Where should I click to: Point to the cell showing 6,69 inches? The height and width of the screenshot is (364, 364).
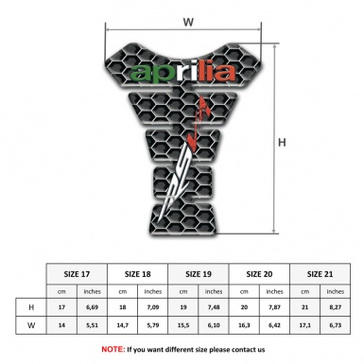[x=93, y=306]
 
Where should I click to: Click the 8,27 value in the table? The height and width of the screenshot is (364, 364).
[x=338, y=306]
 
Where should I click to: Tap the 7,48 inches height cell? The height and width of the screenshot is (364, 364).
[x=216, y=306]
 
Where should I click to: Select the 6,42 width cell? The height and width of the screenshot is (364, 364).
[x=277, y=326]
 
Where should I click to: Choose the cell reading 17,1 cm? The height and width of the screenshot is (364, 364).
[x=306, y=326]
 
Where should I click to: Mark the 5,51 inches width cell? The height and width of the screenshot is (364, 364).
[x=93, y=326]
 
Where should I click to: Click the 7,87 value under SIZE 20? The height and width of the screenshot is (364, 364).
[x=277, y=306]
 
